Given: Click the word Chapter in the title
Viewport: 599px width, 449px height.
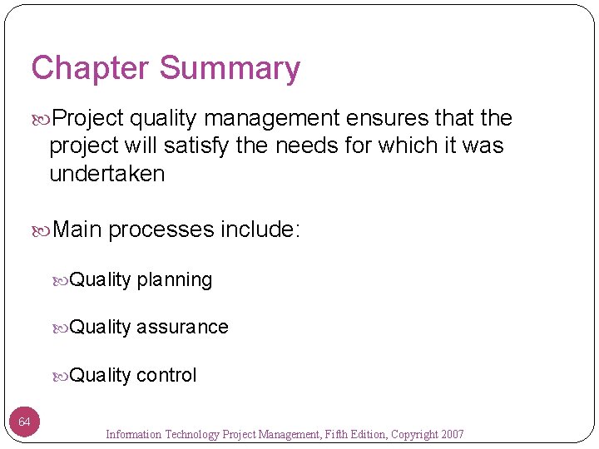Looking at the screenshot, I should [x=89, y=68].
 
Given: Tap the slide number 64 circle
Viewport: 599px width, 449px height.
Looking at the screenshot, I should [x=25, y=422].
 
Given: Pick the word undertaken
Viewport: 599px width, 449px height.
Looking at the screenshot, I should [x=107, y=174].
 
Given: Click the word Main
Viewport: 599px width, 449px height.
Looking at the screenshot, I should [x=77, y=229].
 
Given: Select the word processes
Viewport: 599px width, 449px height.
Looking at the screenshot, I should [x=161, y=229].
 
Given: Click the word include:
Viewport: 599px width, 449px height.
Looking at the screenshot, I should [x=260, y=229].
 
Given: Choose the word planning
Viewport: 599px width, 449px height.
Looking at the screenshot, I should [x=175, y=280].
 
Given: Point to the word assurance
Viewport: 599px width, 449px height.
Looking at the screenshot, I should [x=182, y=327].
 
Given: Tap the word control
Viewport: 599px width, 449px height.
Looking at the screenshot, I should [x=166, y=375].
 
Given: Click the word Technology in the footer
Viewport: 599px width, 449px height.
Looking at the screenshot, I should [x=195, y=434].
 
